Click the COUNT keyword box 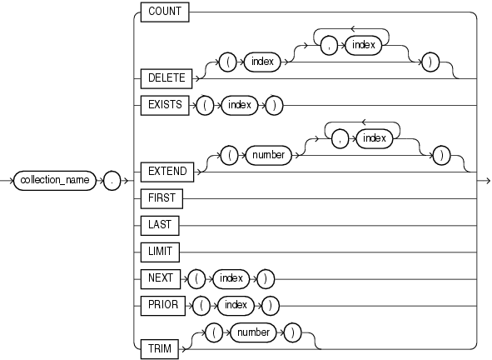click(x=166, y=12)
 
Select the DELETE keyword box click(x=166, y=78)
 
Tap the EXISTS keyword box click(x=165, y=106)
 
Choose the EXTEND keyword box click(x=166, y=171)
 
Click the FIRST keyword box click(x=162, y=199)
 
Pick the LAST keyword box click(x=160, y=225)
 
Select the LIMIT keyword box click(x=161, y=250)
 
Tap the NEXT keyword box click(x=160, y=275)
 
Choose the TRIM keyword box click(x=159, y=348)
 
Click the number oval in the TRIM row click(x=252, y=332)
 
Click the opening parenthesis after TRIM click(x=211, y=332)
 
